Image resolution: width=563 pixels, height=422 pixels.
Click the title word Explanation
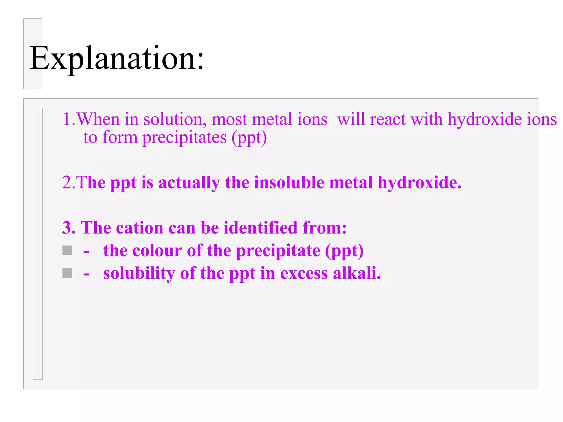coord(117,58)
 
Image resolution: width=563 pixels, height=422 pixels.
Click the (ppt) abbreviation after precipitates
coord(249,138)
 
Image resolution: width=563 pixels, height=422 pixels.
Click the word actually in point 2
coord(189,183)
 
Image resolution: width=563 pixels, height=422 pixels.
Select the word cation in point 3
coord(140,228)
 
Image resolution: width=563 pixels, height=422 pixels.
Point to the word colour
coord(157,251)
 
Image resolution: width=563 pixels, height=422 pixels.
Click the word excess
coord(304,274)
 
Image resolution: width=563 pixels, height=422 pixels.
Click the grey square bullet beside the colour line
coord(67,251)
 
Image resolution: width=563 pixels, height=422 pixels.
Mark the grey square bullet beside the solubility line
coord(67,273)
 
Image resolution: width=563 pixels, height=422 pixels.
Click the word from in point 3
coord(324,228)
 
